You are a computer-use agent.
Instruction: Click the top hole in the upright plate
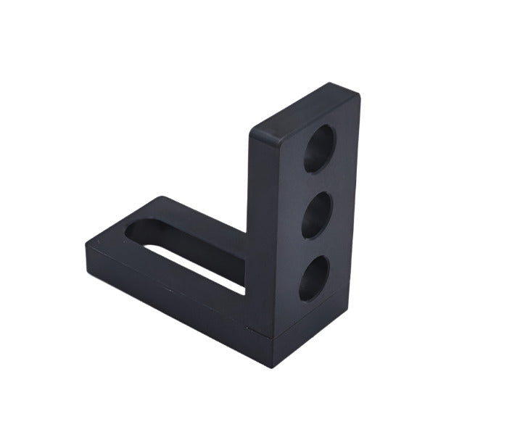[318, 149]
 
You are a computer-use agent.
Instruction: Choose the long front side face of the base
[174, 304]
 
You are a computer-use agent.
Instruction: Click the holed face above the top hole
[326, 116]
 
